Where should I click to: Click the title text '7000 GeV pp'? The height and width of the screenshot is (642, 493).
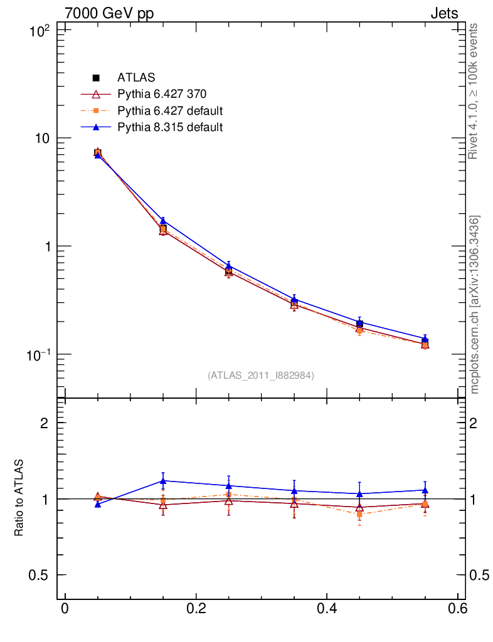click(x=109, y=13)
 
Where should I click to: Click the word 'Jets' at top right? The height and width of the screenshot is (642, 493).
click(x=443, y=13)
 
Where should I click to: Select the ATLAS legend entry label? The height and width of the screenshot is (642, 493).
click(x=136, y=78)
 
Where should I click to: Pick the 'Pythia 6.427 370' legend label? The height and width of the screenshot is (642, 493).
click(x=162, y=95)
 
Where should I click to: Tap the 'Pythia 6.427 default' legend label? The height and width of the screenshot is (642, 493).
click(x=170, y=111)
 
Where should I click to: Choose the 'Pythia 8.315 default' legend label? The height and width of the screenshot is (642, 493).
click(x=170, y=127)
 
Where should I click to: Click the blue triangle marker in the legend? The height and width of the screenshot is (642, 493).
click(x=97, y=127)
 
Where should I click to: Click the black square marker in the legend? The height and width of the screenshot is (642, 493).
click(x=97, y=78)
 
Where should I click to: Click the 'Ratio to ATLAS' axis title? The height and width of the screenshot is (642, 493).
click(x=19, y=498)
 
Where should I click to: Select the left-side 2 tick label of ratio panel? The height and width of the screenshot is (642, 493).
click(x=45, y=423)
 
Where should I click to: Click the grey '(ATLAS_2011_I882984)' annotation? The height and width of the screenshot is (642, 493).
click(x=261, y=376)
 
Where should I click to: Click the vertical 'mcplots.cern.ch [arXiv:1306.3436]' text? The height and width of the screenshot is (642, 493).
click(x=474, y=305)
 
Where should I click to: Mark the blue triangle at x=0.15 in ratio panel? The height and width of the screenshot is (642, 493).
click(x=163, y=481)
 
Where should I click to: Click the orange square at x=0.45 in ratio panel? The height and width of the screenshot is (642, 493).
click(x=359, y=514)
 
